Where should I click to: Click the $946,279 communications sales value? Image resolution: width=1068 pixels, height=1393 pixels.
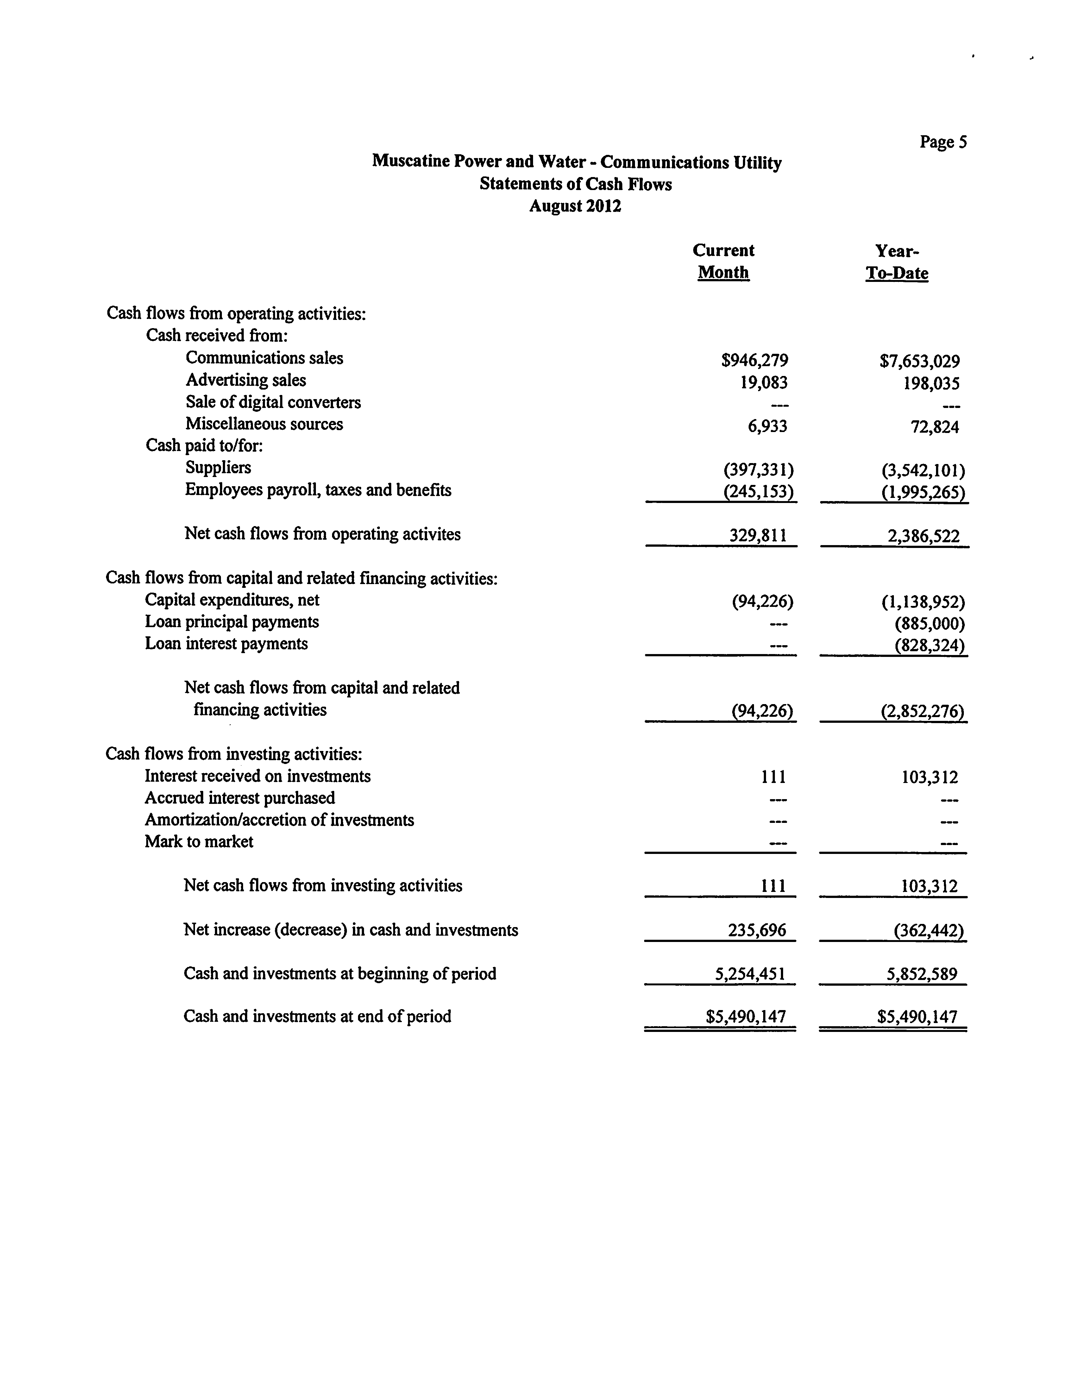pos(755,361)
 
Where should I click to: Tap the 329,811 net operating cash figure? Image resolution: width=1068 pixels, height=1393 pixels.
pos(758,536)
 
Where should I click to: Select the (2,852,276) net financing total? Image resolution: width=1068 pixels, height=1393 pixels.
pos(922,710)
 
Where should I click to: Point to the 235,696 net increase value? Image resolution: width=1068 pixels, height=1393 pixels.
pos(757,931)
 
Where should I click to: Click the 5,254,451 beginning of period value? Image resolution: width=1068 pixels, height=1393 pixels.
pos(750,974)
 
